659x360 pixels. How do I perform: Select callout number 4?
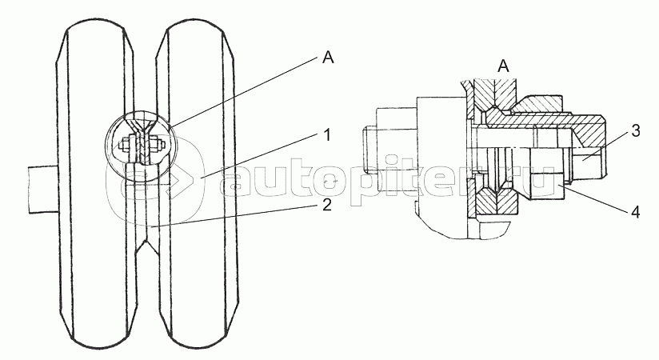pyautogui.click(x=634, y=213)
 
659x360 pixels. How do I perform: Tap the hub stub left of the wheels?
pyautogui.click(x=40, y=189)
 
